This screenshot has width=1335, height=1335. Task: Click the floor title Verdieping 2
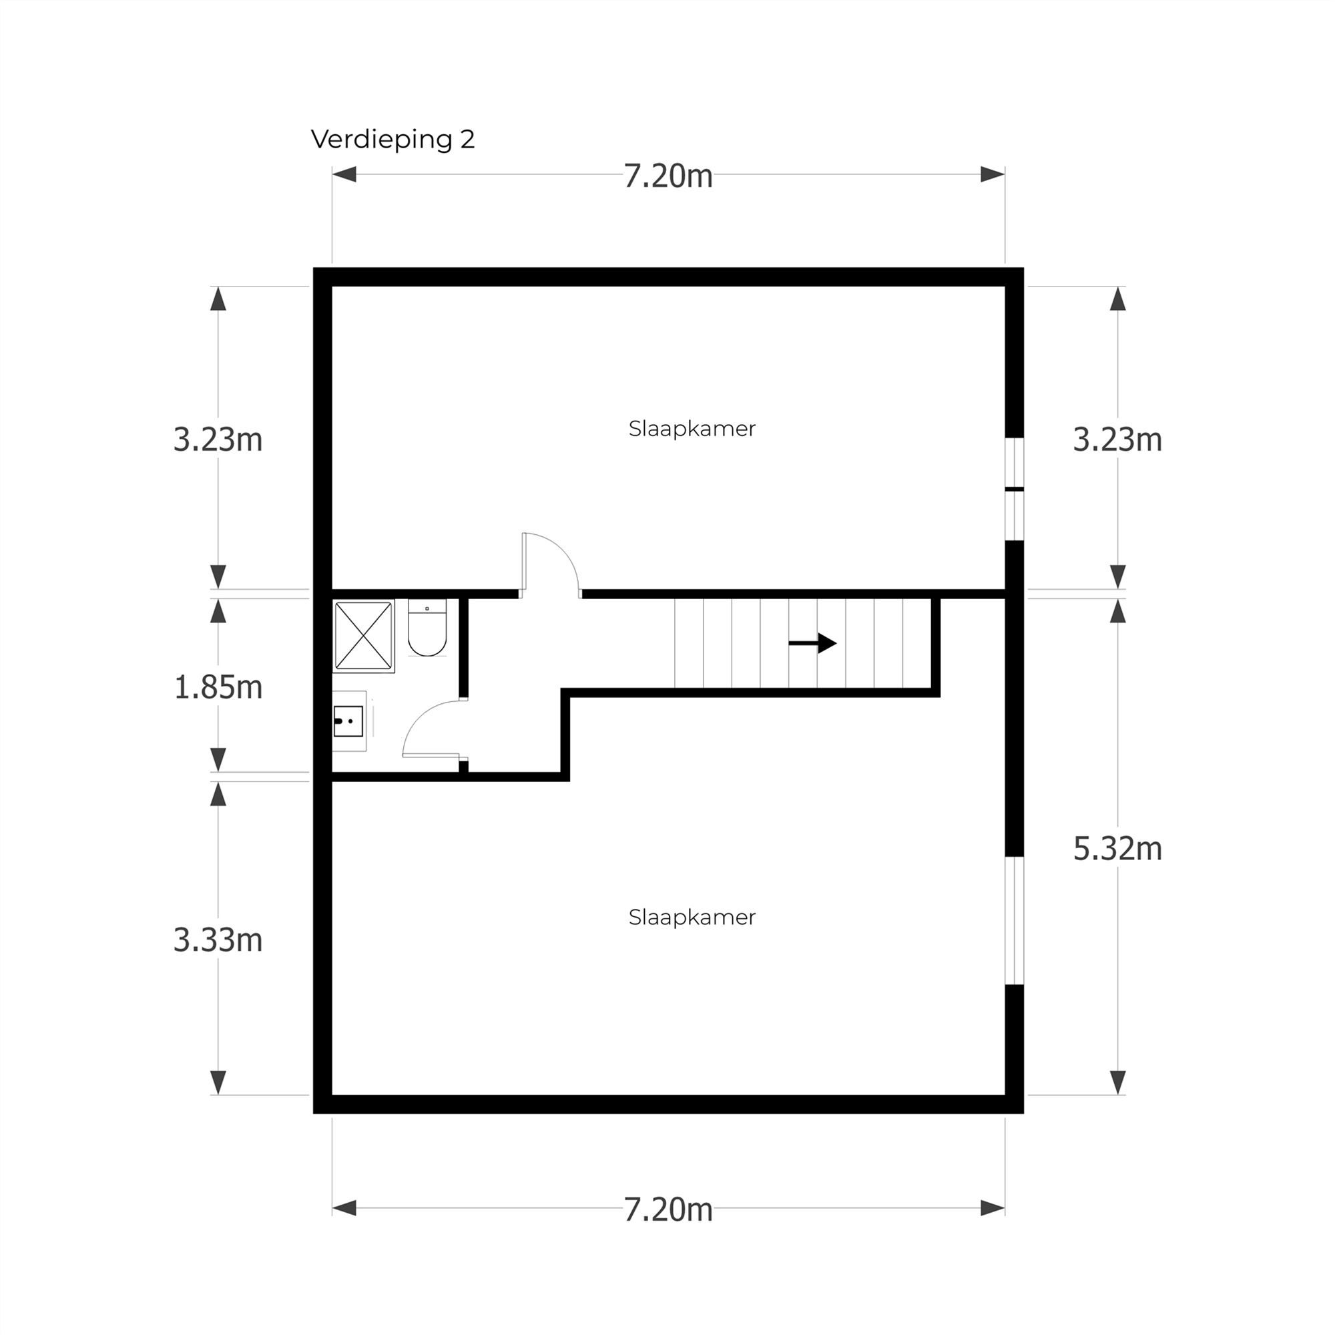(392, 139)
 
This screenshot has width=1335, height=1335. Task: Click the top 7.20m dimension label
(667, 176)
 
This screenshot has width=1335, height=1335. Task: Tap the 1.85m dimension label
(218, 687)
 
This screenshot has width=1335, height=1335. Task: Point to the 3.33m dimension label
(218, 940)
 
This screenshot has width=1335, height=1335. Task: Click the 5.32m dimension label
(1117, 848)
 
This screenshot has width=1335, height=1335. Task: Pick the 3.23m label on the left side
(218, 439)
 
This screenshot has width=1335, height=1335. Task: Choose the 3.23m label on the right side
(1117, 439)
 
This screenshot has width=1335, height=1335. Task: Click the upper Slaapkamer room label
(692, 429)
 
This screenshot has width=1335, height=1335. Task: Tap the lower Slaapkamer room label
(692, 917)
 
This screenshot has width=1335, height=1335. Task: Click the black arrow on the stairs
(812, 643)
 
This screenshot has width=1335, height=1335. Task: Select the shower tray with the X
(364, 635)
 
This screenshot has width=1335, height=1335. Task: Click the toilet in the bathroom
(427, 629)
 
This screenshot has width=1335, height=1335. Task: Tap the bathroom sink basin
(348, 721)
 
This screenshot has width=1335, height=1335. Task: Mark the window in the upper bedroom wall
(1014, 489)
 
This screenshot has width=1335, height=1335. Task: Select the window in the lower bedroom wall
(1014, 920)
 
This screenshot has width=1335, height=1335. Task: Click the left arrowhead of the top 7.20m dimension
(345, 174)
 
